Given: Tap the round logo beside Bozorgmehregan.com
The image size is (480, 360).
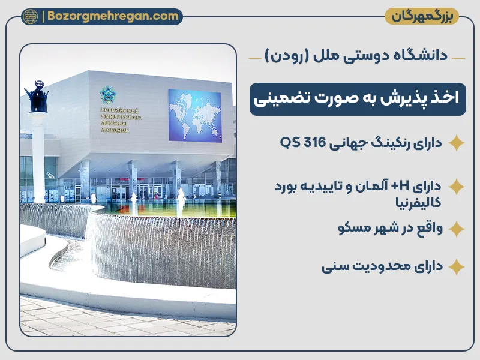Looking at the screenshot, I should point(30,17).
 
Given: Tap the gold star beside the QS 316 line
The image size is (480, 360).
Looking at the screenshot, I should point(457,143).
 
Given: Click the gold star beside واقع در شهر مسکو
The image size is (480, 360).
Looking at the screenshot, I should point(457,229).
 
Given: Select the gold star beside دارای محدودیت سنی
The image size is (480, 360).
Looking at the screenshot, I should point(457,266).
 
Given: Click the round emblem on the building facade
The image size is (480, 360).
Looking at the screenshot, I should point(109,95).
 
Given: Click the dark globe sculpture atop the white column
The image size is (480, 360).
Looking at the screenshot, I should point(35,96).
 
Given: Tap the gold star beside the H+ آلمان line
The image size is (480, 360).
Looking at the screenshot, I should point(457,186).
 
